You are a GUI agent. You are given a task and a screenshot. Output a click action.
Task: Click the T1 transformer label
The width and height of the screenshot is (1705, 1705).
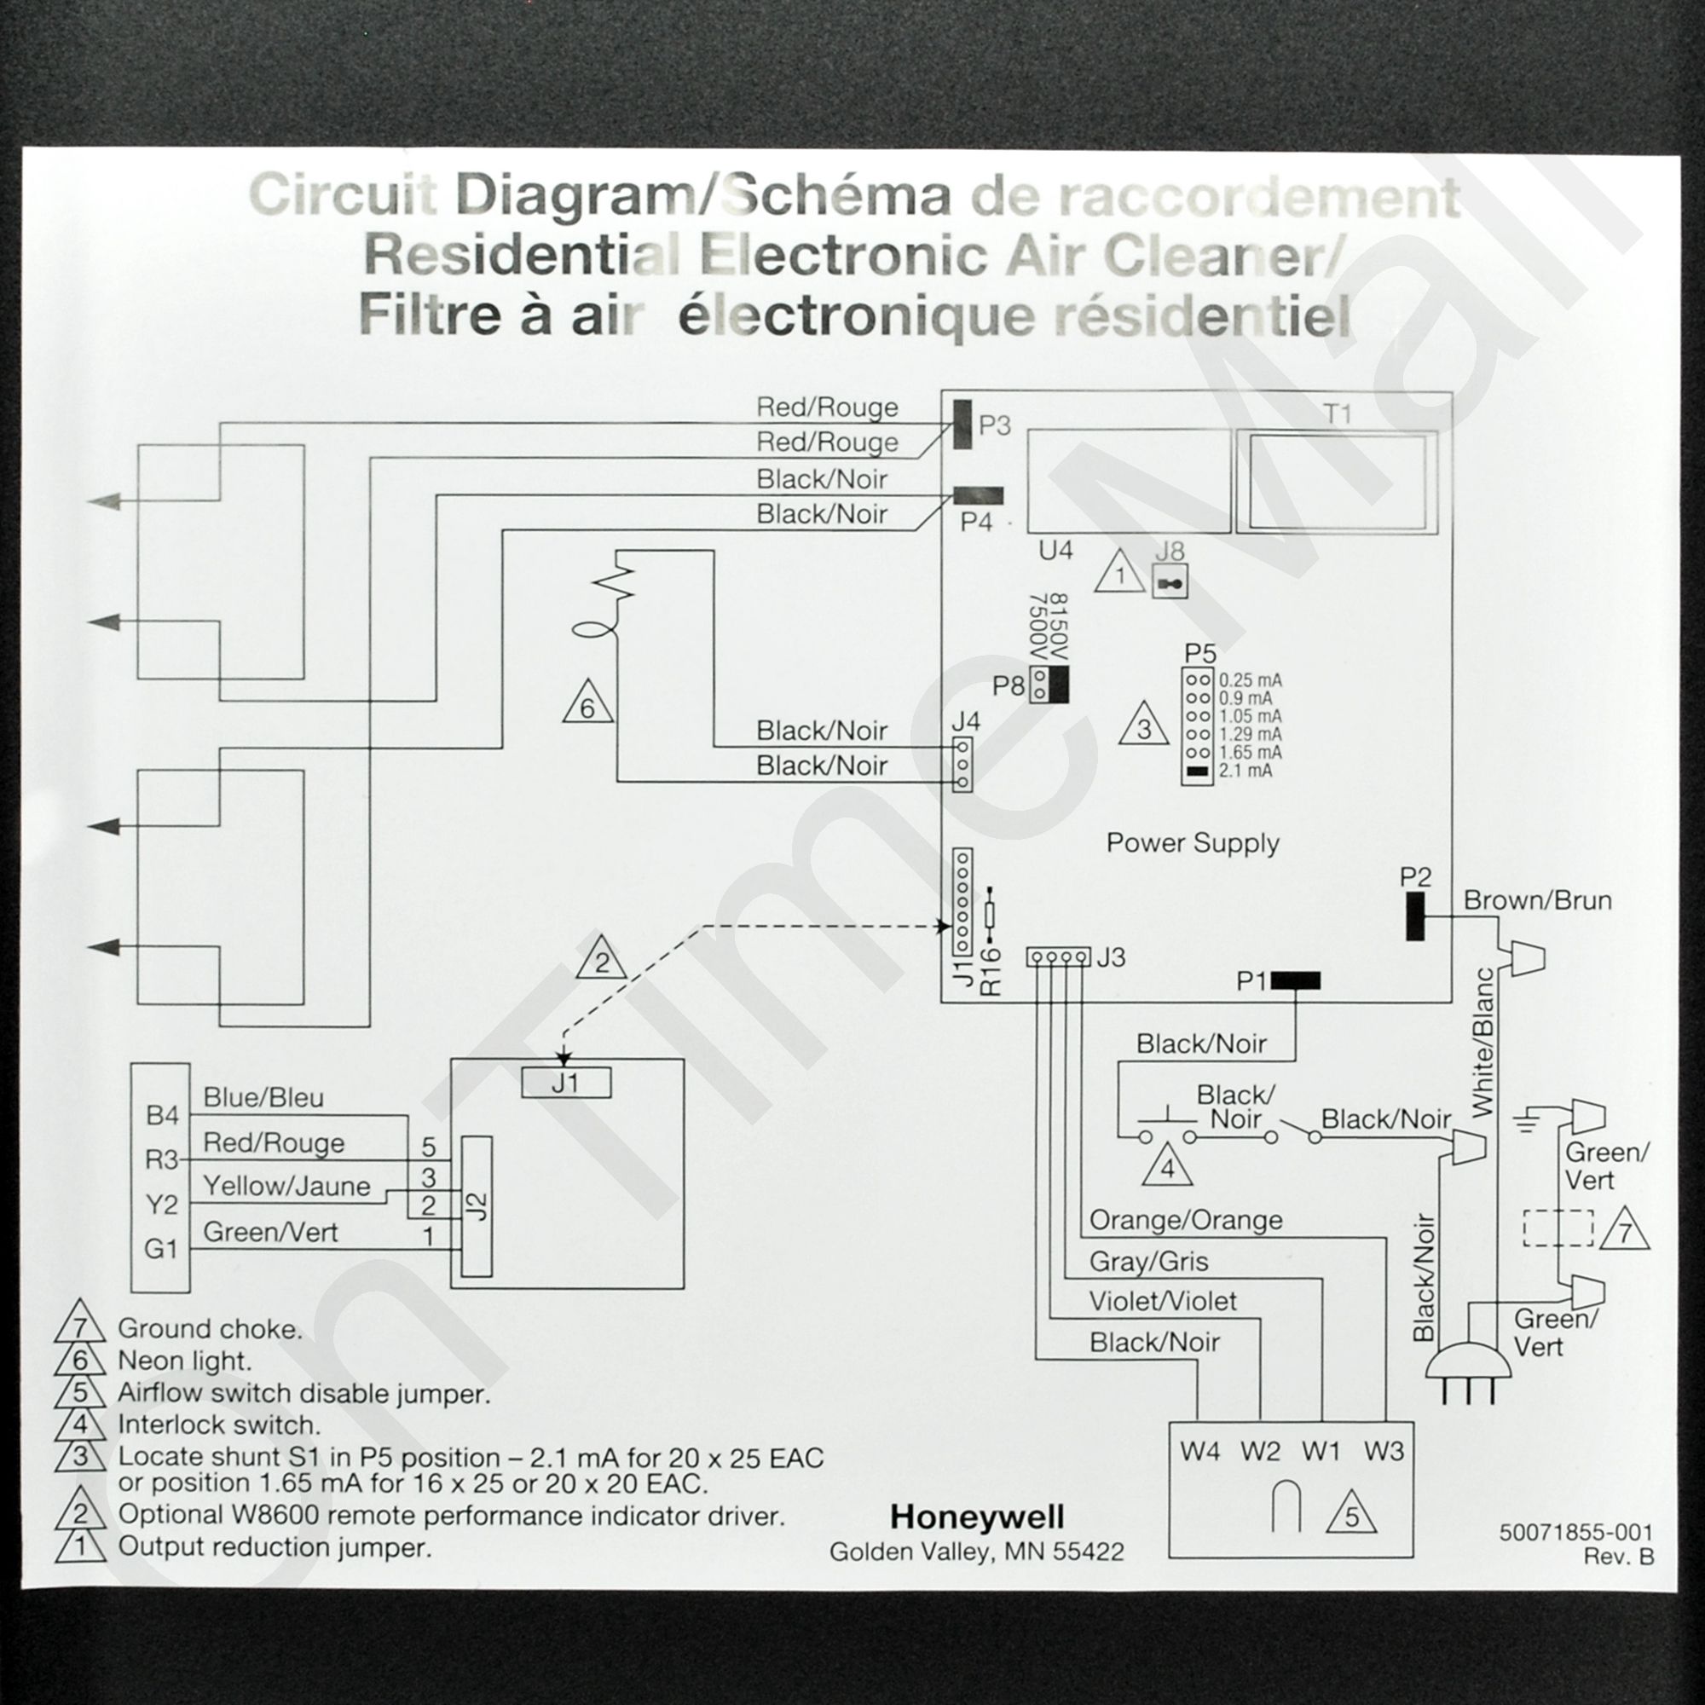pos(1338,414)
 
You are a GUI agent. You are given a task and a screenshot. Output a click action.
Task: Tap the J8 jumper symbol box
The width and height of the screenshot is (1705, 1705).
pos(1170,583)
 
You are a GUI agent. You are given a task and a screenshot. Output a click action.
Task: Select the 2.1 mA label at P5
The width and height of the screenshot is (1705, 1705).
pos(1246,772)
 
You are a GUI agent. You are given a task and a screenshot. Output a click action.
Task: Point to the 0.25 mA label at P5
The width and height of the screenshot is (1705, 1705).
pos(1250,680)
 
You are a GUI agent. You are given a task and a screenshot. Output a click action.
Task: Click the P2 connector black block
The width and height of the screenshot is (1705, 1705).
pos(1415,916)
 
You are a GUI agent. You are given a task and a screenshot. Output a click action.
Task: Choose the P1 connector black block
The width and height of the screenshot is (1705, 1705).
pos(1296,980)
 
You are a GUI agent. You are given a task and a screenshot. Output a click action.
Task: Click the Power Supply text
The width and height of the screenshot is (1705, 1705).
pos(1193,843)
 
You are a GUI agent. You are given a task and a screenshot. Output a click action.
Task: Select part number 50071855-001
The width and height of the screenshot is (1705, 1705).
pos(1575,1533)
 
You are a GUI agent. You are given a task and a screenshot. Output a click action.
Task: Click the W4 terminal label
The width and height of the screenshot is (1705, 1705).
pos(1200,1451)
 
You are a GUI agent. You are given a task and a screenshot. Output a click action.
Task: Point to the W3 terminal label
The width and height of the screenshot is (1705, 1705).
pos(1383,1451)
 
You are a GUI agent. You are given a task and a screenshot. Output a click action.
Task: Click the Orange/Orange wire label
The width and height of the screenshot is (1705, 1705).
pos(1186,1221)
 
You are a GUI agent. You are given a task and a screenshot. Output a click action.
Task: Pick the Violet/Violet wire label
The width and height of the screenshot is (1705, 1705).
pos(1162,1301)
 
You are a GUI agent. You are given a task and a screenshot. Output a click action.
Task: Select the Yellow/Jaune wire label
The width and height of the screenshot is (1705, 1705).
pos(286,1186)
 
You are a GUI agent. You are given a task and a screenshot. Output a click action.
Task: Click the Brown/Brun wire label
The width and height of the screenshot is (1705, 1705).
pos(1537,901)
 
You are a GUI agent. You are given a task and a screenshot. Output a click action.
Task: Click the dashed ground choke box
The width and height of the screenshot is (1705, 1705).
pos(1558,1228)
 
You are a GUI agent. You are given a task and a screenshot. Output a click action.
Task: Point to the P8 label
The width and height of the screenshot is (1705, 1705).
pos(1008,685)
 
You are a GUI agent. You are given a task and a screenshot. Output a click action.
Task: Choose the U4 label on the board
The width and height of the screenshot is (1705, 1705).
pos(1055,551)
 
